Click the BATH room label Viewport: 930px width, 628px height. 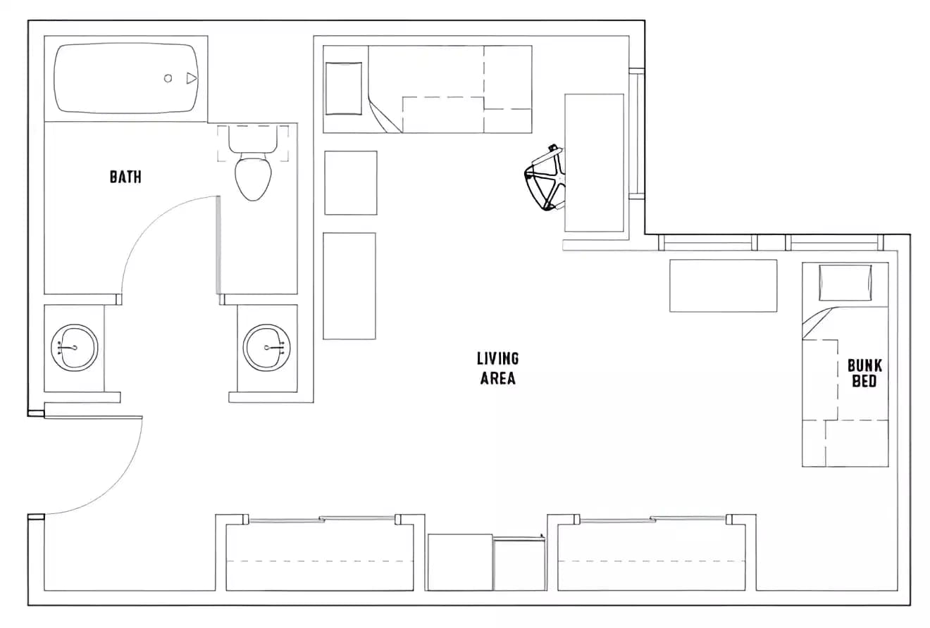tap(125, 176)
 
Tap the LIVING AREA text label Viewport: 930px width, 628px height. tap(498, 368)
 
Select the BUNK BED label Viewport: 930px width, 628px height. tap(864, 373)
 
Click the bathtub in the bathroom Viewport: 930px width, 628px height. tap(126, 78)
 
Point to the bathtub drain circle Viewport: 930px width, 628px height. tap(168, 78)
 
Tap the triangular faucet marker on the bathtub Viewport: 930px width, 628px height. tap(191, 78)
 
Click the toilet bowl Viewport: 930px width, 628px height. tap(253, 178)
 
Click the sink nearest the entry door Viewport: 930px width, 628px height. tap(74, 348)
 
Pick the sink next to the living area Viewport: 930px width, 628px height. tap(267, 348)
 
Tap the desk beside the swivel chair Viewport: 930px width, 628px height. tap(594, 163)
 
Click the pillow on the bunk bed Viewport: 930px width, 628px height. tap(845, 282)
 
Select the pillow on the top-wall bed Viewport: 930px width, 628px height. tap(344, 89)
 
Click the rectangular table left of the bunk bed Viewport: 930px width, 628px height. tap(723, 285)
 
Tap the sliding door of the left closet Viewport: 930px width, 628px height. tap(321, 520)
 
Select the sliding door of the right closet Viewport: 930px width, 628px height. tap(652, 520)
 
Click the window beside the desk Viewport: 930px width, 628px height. tap(637, 134)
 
